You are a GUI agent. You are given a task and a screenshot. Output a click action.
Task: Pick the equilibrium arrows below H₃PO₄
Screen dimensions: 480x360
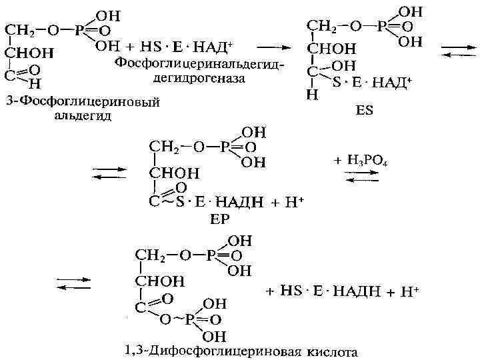tap(361, 175)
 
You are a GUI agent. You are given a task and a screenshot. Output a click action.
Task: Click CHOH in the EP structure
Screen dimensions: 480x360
tap(174, 173)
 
